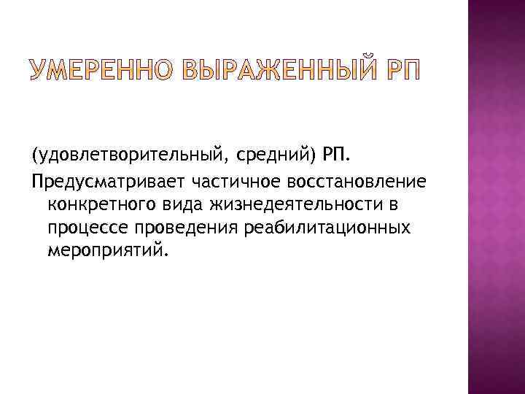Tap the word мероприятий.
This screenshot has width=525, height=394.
(x=107, y=252)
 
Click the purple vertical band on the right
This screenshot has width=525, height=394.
(x=496, y=197)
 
